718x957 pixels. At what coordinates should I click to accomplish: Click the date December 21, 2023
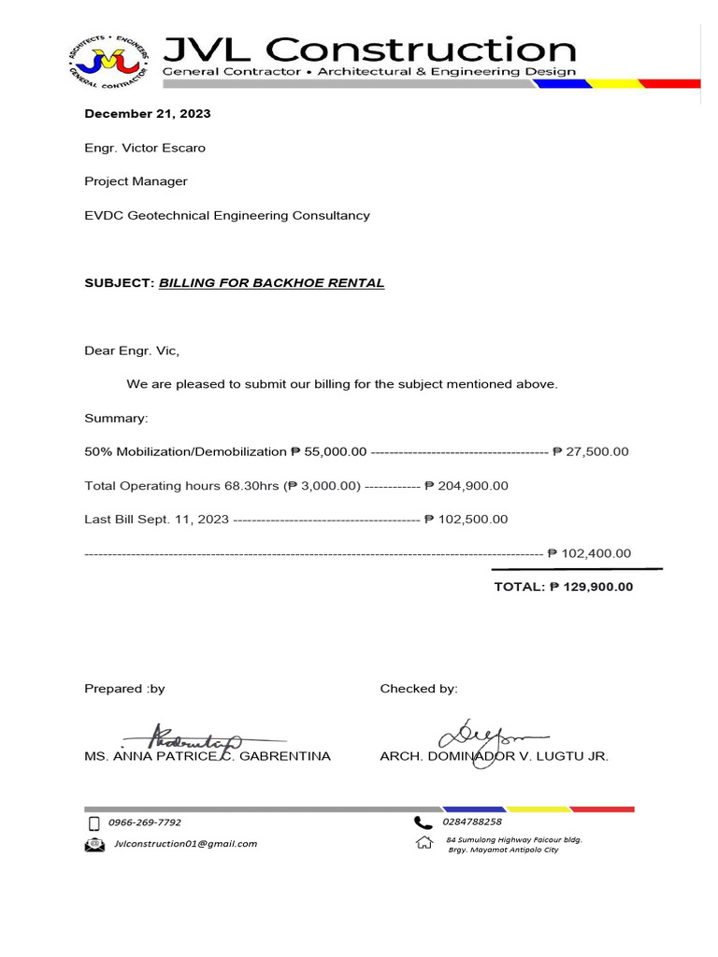148,114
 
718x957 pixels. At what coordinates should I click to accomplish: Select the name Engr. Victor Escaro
145,148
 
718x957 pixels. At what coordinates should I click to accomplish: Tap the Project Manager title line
136,181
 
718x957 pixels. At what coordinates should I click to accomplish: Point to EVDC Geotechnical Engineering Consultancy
227,215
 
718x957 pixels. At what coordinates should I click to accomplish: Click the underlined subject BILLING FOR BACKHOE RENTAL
271,283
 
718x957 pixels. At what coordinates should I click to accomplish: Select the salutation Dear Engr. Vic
132,351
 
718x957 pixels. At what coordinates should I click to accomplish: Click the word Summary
116,418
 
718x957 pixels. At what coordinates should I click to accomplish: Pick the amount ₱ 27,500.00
590,451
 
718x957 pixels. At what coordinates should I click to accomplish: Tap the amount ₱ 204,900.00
466,486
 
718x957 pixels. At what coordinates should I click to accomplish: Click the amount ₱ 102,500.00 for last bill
466,520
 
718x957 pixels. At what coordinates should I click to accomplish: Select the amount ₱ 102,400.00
589,553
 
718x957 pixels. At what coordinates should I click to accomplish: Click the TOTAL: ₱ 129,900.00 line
563,587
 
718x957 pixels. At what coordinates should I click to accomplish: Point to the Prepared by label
124,689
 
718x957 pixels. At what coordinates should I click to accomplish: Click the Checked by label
419,689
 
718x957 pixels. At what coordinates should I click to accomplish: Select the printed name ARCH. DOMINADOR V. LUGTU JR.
494,756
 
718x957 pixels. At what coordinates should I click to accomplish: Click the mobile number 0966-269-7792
145,823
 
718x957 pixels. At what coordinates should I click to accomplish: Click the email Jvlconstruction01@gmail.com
185,844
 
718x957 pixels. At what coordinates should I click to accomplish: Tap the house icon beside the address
424,843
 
